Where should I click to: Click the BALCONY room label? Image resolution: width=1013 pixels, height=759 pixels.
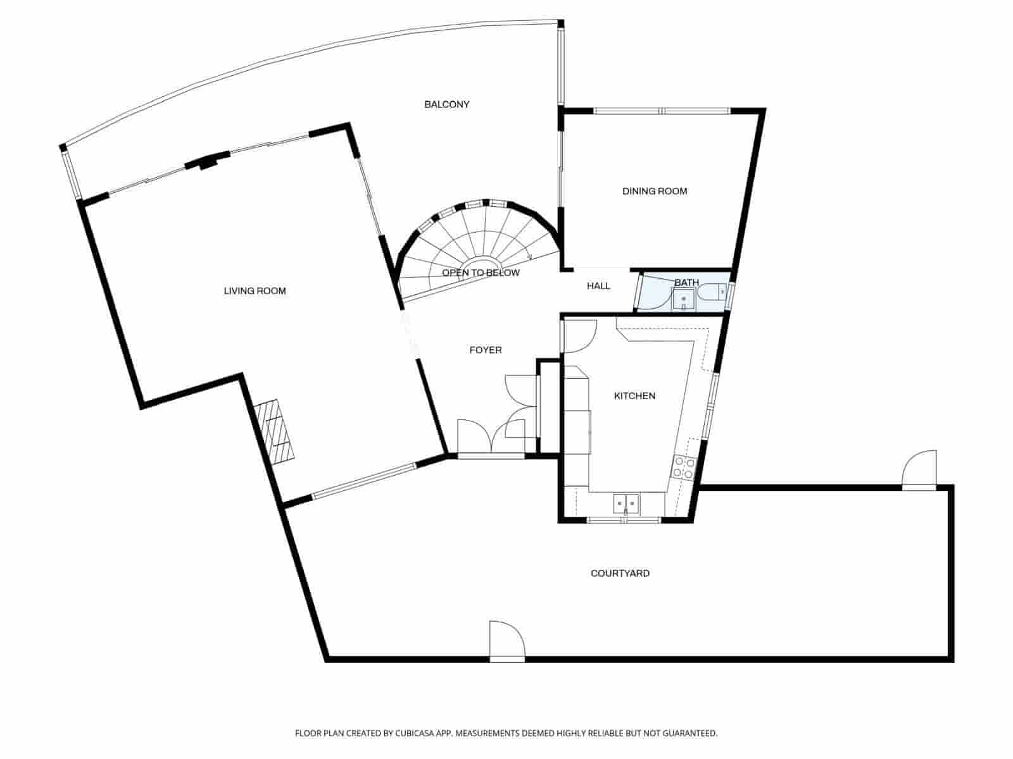click(446, 104)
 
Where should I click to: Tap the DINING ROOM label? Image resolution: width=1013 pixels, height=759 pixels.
click(654, 191)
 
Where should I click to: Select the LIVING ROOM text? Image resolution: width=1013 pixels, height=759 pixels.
click(255, 291)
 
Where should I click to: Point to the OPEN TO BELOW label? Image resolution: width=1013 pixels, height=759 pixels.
click(481, 273)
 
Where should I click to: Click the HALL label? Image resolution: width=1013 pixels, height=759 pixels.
click(598, 286)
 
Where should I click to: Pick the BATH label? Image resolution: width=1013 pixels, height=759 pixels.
click(686, 282)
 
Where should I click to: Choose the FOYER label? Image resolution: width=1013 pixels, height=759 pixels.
click(486, 350)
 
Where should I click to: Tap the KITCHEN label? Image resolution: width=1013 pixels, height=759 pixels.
click(634, 396)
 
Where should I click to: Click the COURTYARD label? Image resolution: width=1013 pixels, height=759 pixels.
click(620, 574)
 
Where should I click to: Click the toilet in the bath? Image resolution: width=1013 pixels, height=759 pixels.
click(712, 293)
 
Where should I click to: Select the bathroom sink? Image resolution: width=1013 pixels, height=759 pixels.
click(683, 299)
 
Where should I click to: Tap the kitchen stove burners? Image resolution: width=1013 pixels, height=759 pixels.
click(684, 467)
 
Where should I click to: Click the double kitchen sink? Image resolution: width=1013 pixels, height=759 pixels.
click(626, 504)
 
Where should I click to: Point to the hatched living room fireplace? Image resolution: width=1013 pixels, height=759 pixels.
click(275, 432)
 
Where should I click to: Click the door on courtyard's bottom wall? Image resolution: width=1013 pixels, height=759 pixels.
click(507, 642)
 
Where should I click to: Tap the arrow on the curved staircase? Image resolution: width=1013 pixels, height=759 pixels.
click(529, 256)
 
